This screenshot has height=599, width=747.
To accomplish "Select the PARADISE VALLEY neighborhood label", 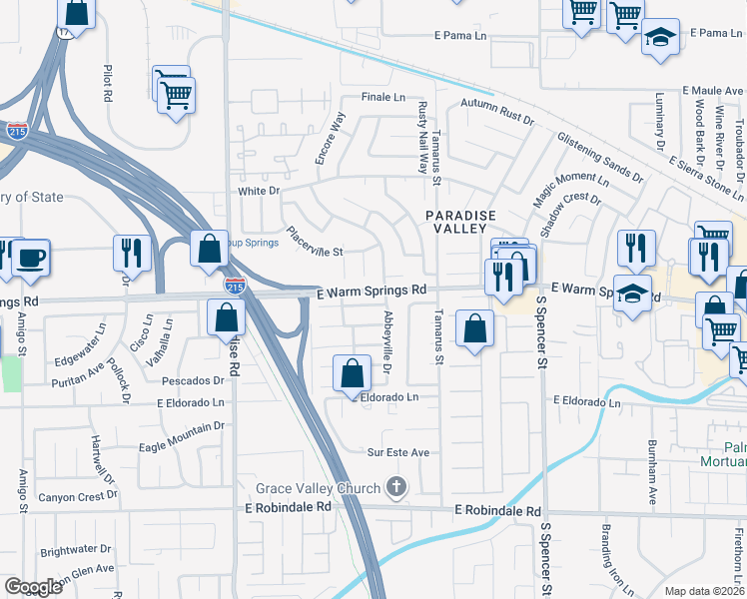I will click(461, 221).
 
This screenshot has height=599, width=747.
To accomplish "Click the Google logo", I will click(33, 587).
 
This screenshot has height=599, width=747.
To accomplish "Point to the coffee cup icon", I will click(30, 260).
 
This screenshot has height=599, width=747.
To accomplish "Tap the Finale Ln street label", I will click(383, 98).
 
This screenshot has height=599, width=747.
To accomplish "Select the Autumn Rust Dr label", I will click(497, 111).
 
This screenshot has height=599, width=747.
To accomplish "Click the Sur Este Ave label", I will click(398, 452).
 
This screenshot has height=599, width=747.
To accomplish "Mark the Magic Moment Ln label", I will click(570, 189).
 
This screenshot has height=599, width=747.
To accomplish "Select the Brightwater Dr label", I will click(76, 549).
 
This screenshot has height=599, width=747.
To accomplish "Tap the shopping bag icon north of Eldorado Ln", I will click(352, 374).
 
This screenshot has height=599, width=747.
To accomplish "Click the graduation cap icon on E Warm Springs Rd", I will click(632, 294).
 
